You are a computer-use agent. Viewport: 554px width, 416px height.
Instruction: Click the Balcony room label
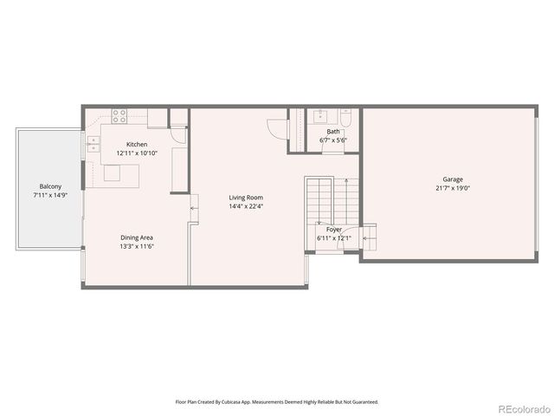(49, 186)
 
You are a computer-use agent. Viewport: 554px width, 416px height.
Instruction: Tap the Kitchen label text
(137, 144)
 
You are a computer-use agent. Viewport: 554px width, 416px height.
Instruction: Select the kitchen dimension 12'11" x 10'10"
(137, 153)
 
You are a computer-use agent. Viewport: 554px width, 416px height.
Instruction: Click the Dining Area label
(137, 237)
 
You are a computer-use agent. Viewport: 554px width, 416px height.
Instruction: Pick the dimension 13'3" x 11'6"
(137, 245)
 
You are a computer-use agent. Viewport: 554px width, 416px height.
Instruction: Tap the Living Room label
(246, 198)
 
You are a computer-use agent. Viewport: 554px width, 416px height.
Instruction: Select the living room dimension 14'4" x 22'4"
(246, 206)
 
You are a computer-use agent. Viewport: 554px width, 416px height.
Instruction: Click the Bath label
(333, 132)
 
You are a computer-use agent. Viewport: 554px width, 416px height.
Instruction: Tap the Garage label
(452, 179)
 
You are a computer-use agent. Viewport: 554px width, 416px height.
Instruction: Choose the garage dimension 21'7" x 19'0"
(452, 188)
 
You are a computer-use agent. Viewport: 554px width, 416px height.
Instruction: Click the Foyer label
(334, 229)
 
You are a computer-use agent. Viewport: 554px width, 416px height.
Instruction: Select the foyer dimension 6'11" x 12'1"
(334, 237)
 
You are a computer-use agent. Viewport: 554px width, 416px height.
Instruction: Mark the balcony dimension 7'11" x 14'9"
(49, 195)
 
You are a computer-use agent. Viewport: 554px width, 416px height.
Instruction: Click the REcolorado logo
(521, 407)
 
